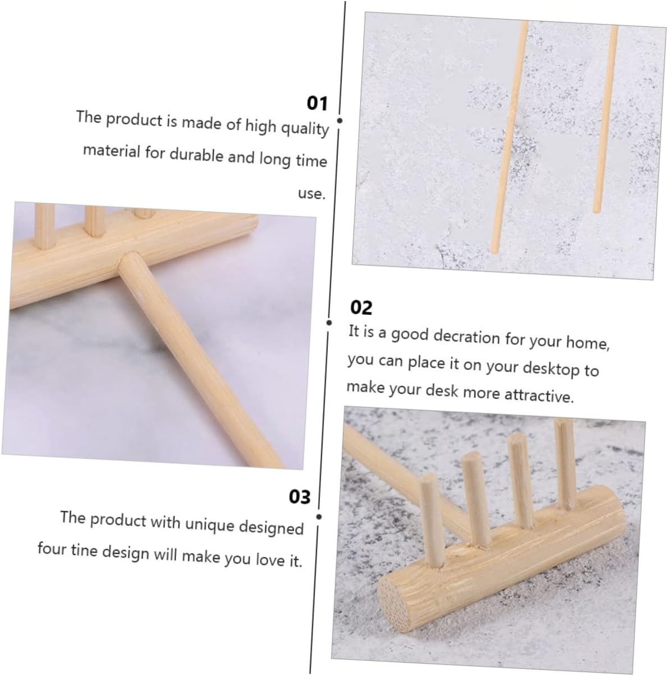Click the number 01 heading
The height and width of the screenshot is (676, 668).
point(317,104)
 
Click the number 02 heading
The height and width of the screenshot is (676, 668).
point(361,307)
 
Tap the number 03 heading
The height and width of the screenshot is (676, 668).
point(299,497)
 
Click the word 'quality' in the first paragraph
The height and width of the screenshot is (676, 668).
point(305,128)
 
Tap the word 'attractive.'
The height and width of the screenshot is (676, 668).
point(539,395)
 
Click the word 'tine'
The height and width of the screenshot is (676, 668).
point(83,549)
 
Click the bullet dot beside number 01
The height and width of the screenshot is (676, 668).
point(340,120)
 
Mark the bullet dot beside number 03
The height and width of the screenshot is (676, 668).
point(319,517)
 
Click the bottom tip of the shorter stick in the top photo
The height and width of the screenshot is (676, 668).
point(597,211)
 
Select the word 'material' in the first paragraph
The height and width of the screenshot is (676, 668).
point(112,151)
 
